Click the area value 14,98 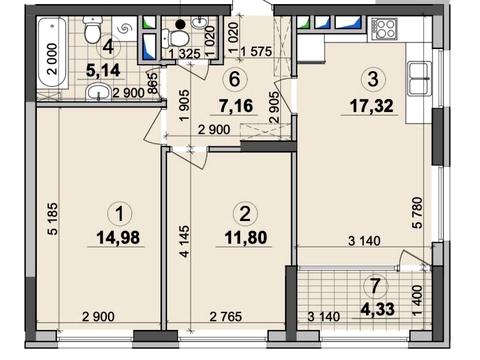118,238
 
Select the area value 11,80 246,238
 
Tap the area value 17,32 371,106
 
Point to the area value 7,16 236,106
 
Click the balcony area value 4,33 378,309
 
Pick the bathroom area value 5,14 103,71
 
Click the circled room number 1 120,214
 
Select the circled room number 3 373,80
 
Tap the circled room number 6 235,80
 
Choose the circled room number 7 376,286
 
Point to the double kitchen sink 418,79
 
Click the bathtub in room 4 53,52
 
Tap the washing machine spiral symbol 125,29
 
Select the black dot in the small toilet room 180,24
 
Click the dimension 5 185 53,219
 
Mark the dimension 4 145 184,241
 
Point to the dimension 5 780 417,213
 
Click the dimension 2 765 226,316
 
